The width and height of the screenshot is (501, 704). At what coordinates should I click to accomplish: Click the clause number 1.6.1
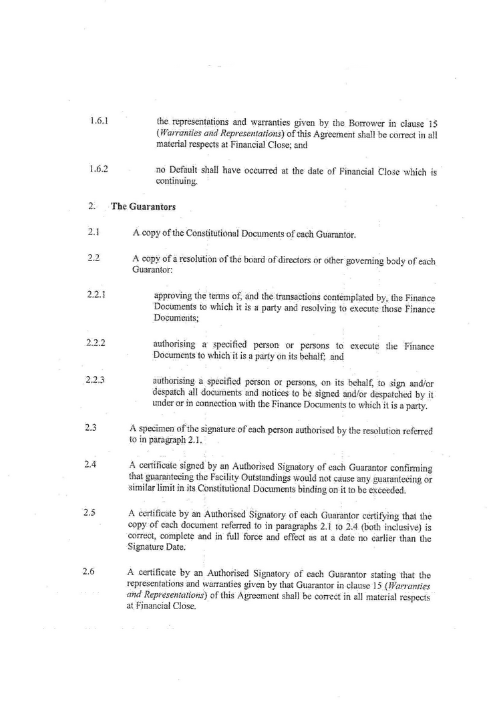(99, 122)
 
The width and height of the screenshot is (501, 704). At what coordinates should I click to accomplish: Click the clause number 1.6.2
(99, 169)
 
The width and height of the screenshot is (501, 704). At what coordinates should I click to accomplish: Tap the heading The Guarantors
(143, 206)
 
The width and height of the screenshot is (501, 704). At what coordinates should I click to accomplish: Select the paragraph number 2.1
(94, 232)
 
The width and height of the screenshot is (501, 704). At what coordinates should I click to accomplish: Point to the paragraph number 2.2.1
(98, 294)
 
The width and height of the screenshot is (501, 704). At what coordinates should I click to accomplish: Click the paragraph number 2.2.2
(97, 343)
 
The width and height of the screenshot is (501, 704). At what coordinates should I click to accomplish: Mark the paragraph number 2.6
(89, 572)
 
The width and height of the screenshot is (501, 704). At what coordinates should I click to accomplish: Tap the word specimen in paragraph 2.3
(160, 429)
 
